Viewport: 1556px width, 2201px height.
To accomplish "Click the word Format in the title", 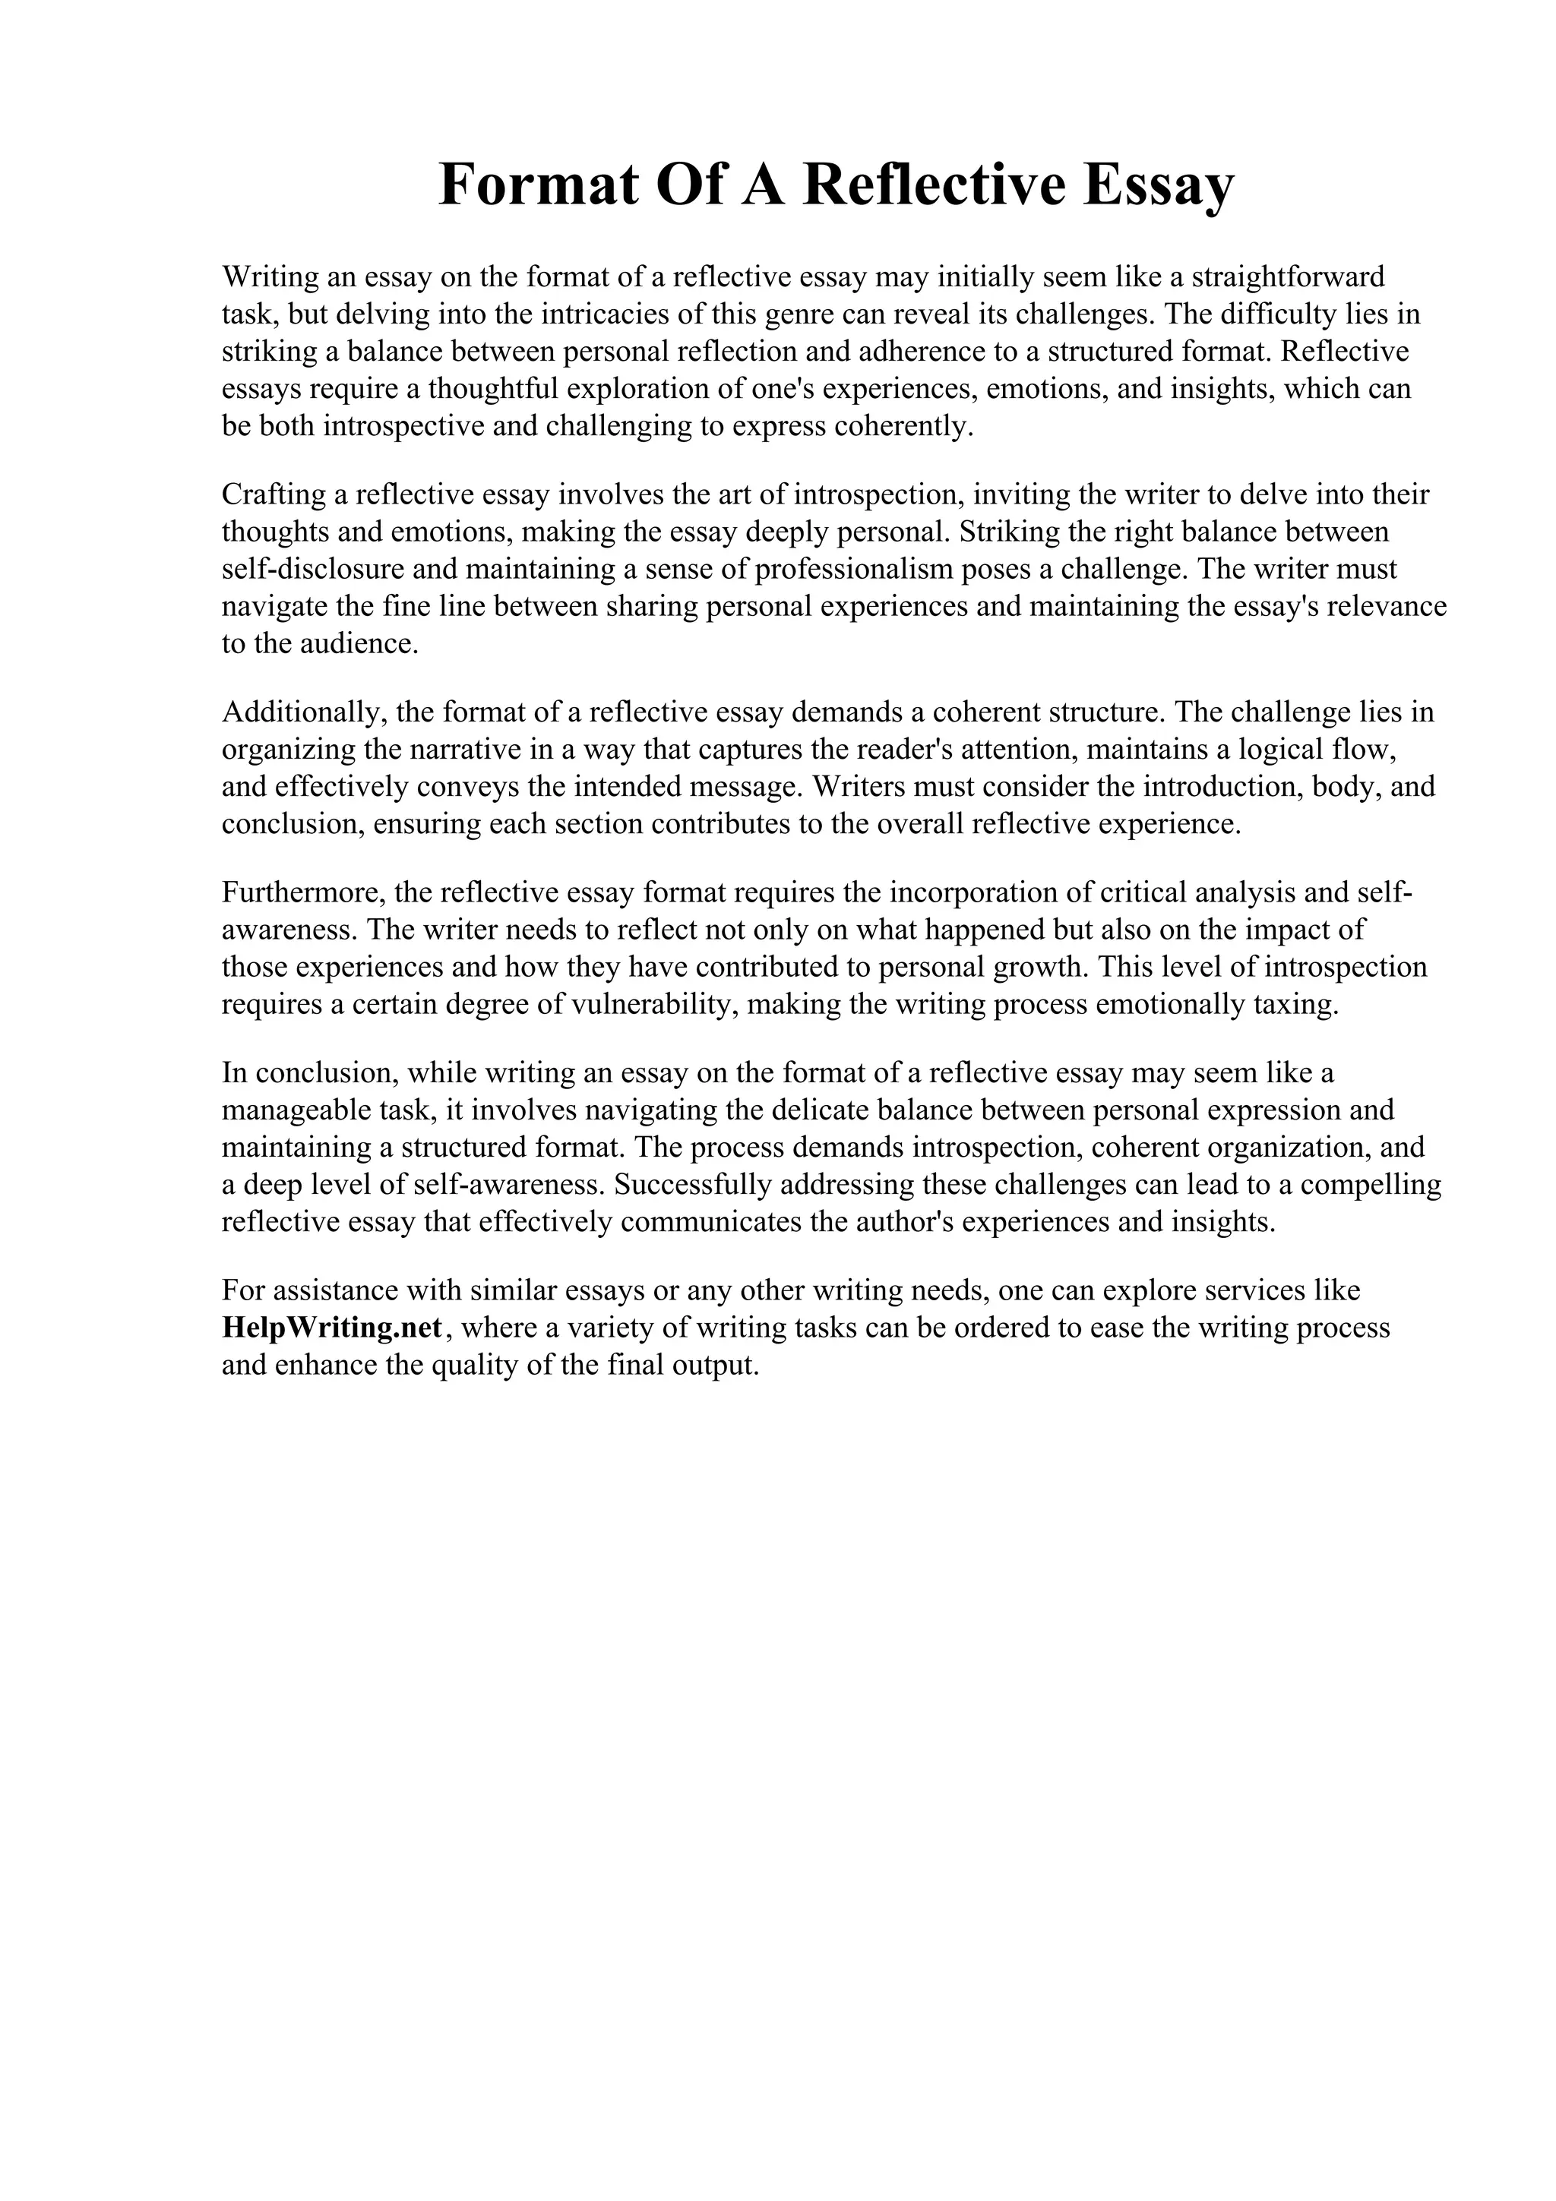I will pyautogui.click(x=538, y=185).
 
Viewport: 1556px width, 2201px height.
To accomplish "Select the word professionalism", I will pyautogui.click(x=854, y=570).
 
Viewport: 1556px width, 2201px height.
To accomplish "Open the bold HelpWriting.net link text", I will pyautogui.click(x=333, y=1328).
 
